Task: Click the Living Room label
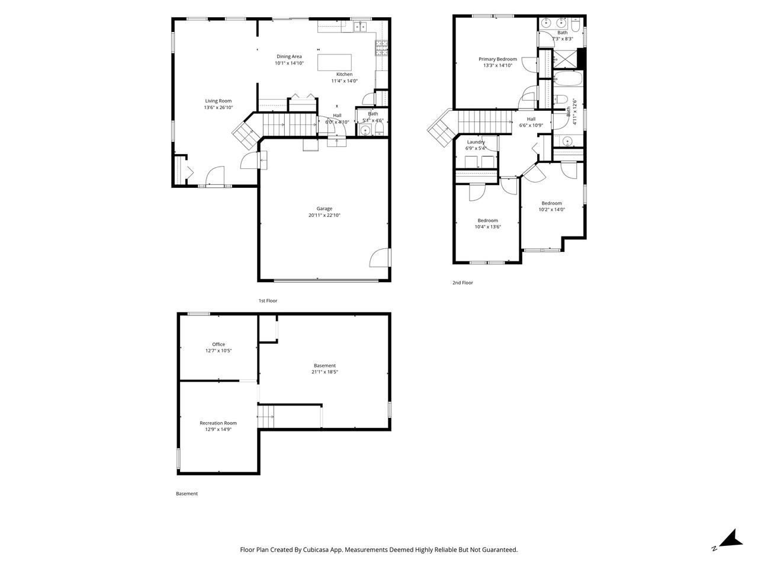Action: pos(218,101)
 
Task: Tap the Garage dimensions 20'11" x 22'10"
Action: pos(324,215)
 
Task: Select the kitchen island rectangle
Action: pos(335,62)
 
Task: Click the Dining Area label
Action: pos(289,56)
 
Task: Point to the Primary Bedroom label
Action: pos(497,59)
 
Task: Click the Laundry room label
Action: pos(476,142)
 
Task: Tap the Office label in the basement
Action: pos(219,344)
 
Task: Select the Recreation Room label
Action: pos(218,423)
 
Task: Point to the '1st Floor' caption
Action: pos(268,301)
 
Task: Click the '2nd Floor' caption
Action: pos(462,283)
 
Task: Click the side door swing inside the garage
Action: pos(381,258)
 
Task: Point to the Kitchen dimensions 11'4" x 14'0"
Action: pos(344,81)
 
